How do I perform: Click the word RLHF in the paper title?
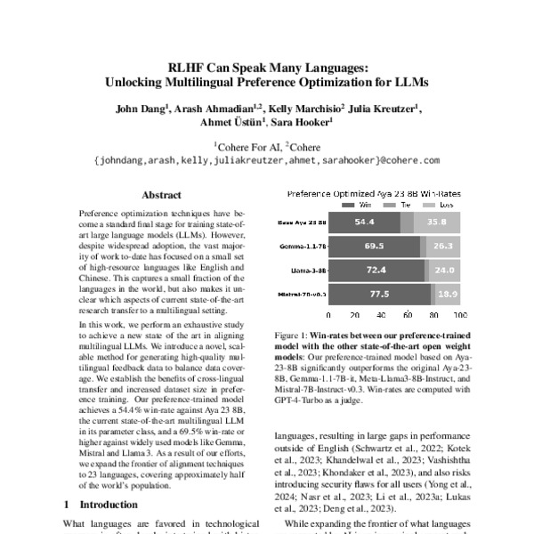pos(187,68)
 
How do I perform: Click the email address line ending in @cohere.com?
pos(266,161)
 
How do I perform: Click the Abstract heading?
pos(162,195)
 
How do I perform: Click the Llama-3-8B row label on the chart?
pos(308,267)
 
